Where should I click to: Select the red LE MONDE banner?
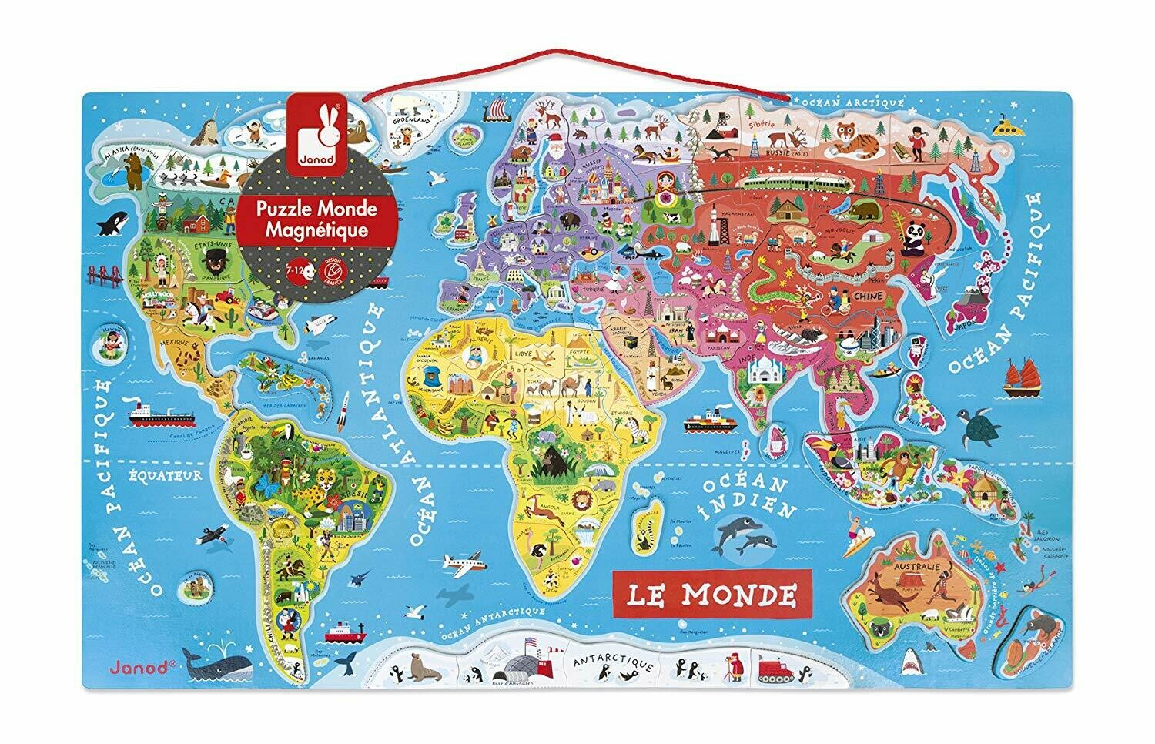point(701,593)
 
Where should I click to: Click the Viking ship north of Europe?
point(493,114)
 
